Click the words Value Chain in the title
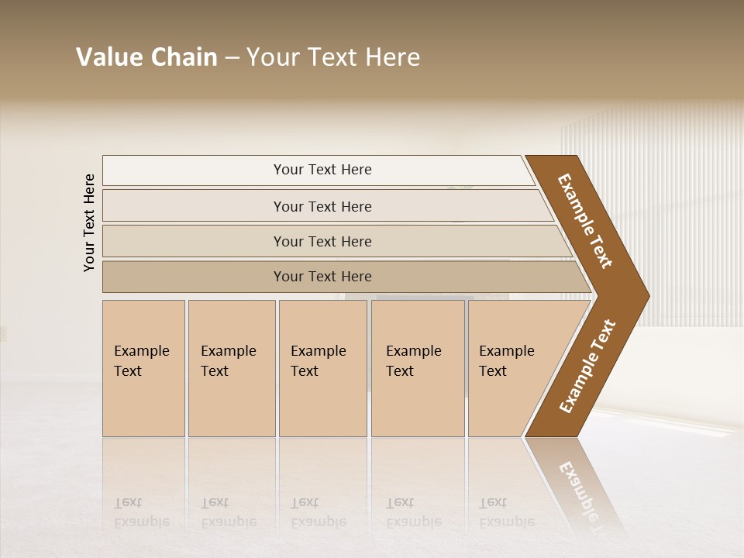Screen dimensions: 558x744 point(146,57)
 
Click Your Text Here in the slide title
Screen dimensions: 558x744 point(333,57)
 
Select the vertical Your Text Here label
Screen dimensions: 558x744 point(89,222)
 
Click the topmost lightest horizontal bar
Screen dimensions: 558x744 point(322,170)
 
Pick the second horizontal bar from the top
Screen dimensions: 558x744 point(322,206)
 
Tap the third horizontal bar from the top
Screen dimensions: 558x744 point(322,241)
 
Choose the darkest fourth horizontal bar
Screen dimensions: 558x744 point(322,277)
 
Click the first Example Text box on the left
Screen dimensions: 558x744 point(143,368)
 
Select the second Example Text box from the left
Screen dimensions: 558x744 point(231,368)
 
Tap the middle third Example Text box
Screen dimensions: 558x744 point(322,368)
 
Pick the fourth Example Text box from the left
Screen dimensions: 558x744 point(418,368)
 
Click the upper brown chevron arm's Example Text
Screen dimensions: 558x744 point(585,221)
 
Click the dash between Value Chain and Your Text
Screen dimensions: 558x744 point(232,58)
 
